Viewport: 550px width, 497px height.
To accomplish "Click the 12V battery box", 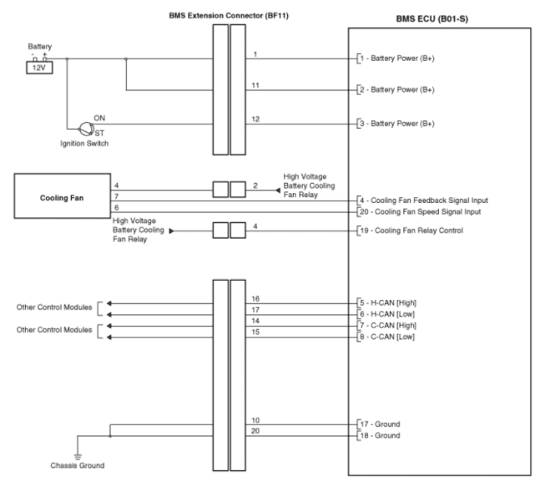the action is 39,68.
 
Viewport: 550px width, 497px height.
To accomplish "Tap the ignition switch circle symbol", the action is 86,129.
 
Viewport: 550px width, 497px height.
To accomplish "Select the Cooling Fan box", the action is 62,195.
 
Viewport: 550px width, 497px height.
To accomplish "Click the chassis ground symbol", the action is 78,457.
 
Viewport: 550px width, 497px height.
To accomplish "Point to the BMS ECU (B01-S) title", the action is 431,19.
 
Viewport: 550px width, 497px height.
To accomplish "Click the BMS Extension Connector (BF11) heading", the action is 229,16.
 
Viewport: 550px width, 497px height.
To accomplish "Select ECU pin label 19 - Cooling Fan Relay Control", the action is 411,231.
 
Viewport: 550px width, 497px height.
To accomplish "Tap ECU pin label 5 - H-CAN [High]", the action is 388,303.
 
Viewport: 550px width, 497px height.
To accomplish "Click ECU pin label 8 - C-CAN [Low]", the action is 387,337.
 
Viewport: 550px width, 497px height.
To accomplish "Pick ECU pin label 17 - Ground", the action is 381,424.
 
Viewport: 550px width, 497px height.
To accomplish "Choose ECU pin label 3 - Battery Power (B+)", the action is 397,124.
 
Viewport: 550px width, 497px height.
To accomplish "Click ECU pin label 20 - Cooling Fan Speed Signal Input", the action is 421,212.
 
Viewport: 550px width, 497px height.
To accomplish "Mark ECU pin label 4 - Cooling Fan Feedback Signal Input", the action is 424,200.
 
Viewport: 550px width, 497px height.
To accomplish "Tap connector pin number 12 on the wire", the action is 255,119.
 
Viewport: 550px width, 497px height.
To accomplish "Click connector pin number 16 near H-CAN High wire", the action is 255,299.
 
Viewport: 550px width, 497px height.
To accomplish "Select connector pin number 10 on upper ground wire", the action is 255,420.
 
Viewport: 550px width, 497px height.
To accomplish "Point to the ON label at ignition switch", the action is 99,118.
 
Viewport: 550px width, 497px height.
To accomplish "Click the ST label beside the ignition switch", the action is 99,134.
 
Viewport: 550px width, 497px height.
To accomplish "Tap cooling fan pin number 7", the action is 117,196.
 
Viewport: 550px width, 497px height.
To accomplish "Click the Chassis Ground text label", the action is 78,465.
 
